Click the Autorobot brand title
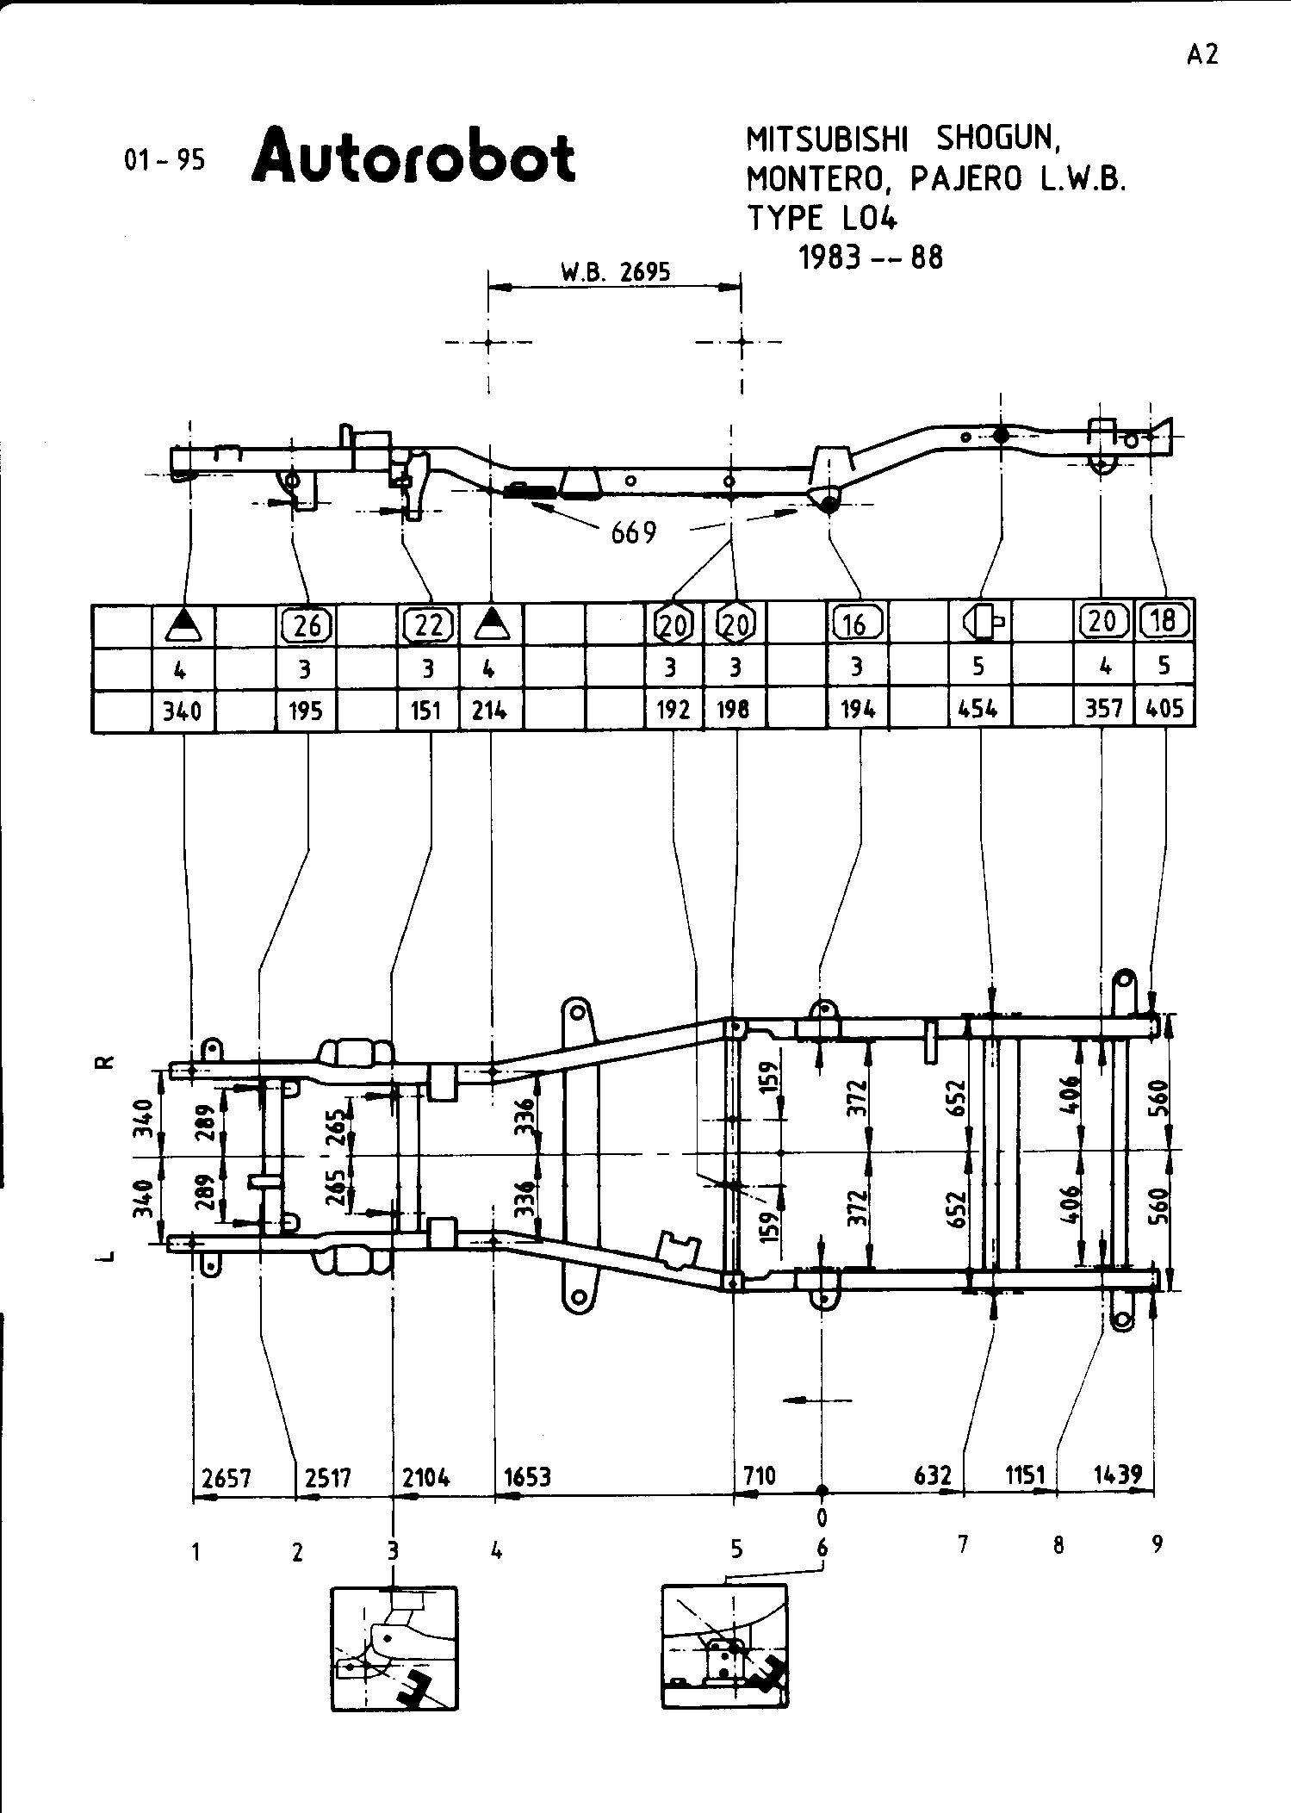point(413,157)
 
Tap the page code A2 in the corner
point(1202,55)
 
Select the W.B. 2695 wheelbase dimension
point(615,272)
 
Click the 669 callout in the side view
point(634,533)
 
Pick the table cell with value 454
point(978,710)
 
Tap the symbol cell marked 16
point(855,624)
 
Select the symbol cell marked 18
point(1164,620)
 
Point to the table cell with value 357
point(1103,709)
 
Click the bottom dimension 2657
point(226,1478)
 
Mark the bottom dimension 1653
point(527,1477)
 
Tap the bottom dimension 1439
point(1117,1474)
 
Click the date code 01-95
point(164,160)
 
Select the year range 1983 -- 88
point(871,258)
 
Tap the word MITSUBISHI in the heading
point(828,139)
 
